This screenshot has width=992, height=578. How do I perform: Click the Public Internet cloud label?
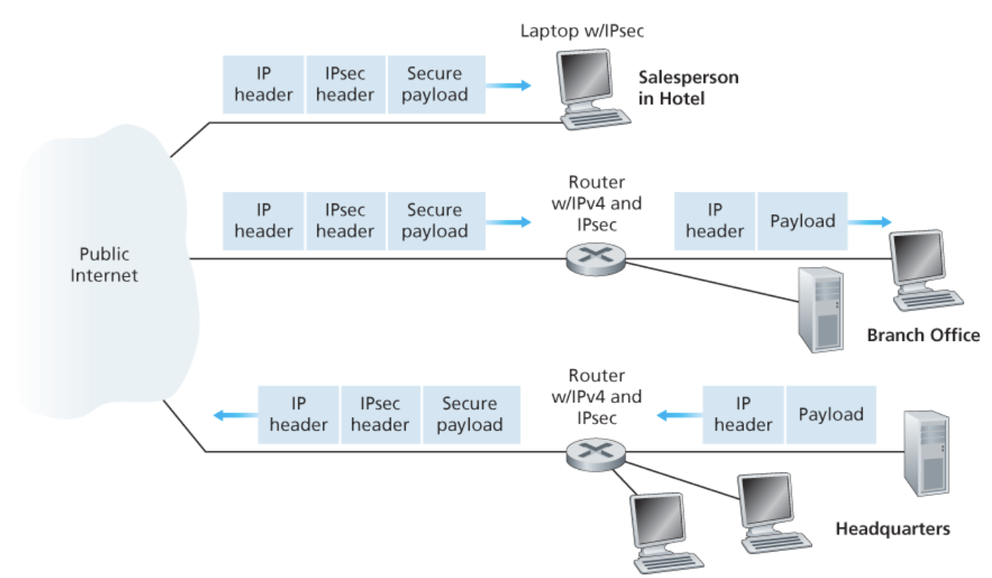104,265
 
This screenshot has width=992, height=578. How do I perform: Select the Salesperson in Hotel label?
687,88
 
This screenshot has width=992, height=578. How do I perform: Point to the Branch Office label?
923,335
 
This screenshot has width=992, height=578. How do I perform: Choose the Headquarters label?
892,529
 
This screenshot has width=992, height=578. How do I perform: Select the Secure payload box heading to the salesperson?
435,85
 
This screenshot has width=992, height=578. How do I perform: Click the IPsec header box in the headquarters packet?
380,414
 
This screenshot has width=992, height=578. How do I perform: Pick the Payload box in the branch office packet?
802,221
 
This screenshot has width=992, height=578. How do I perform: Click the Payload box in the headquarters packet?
830,414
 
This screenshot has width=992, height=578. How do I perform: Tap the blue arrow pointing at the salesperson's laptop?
508,85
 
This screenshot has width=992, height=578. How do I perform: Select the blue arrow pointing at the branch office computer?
869,222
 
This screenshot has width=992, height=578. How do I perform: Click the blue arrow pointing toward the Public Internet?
234,415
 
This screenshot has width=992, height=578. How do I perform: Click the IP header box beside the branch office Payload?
714,221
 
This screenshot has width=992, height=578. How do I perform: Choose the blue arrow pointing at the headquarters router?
677,415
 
